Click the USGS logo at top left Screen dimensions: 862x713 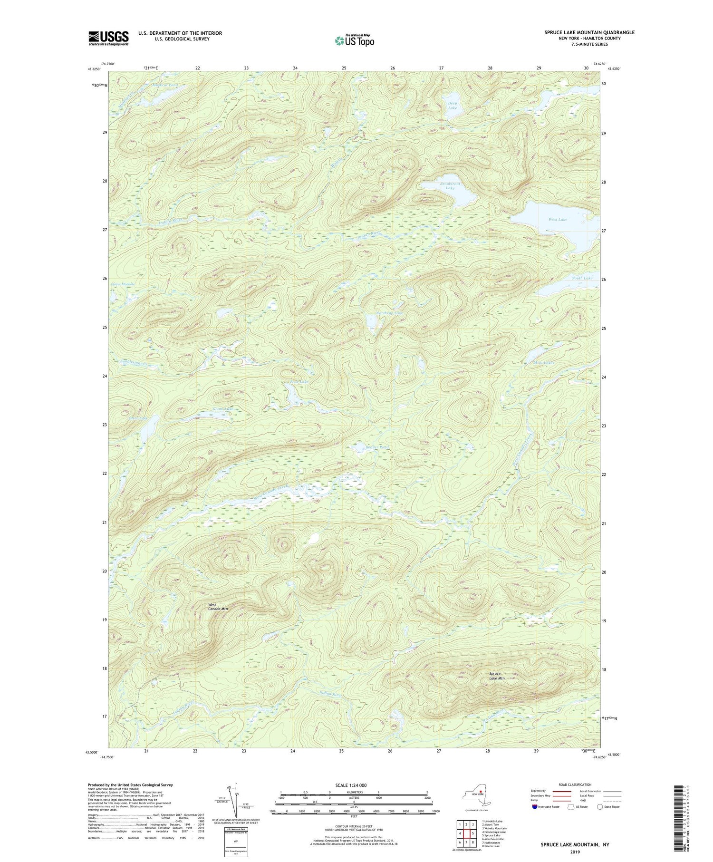click(108, 38)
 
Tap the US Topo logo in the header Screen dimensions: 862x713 click(355, 40)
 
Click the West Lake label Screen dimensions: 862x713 click(558, 220)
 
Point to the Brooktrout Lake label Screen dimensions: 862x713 click(450, 186)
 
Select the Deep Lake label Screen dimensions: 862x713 click(452, 106)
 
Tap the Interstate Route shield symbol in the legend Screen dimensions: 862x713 click(534, 806)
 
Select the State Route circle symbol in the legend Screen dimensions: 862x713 click(600, 806)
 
